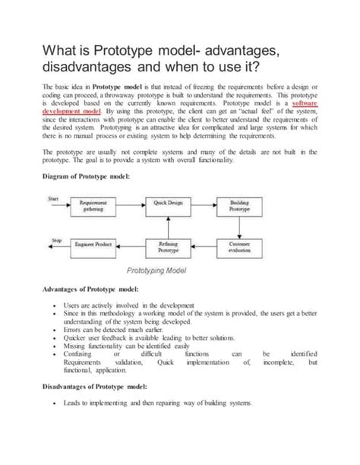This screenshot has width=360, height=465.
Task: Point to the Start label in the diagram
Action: pos(53,198)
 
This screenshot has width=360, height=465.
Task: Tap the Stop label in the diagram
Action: pos(55,239)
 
